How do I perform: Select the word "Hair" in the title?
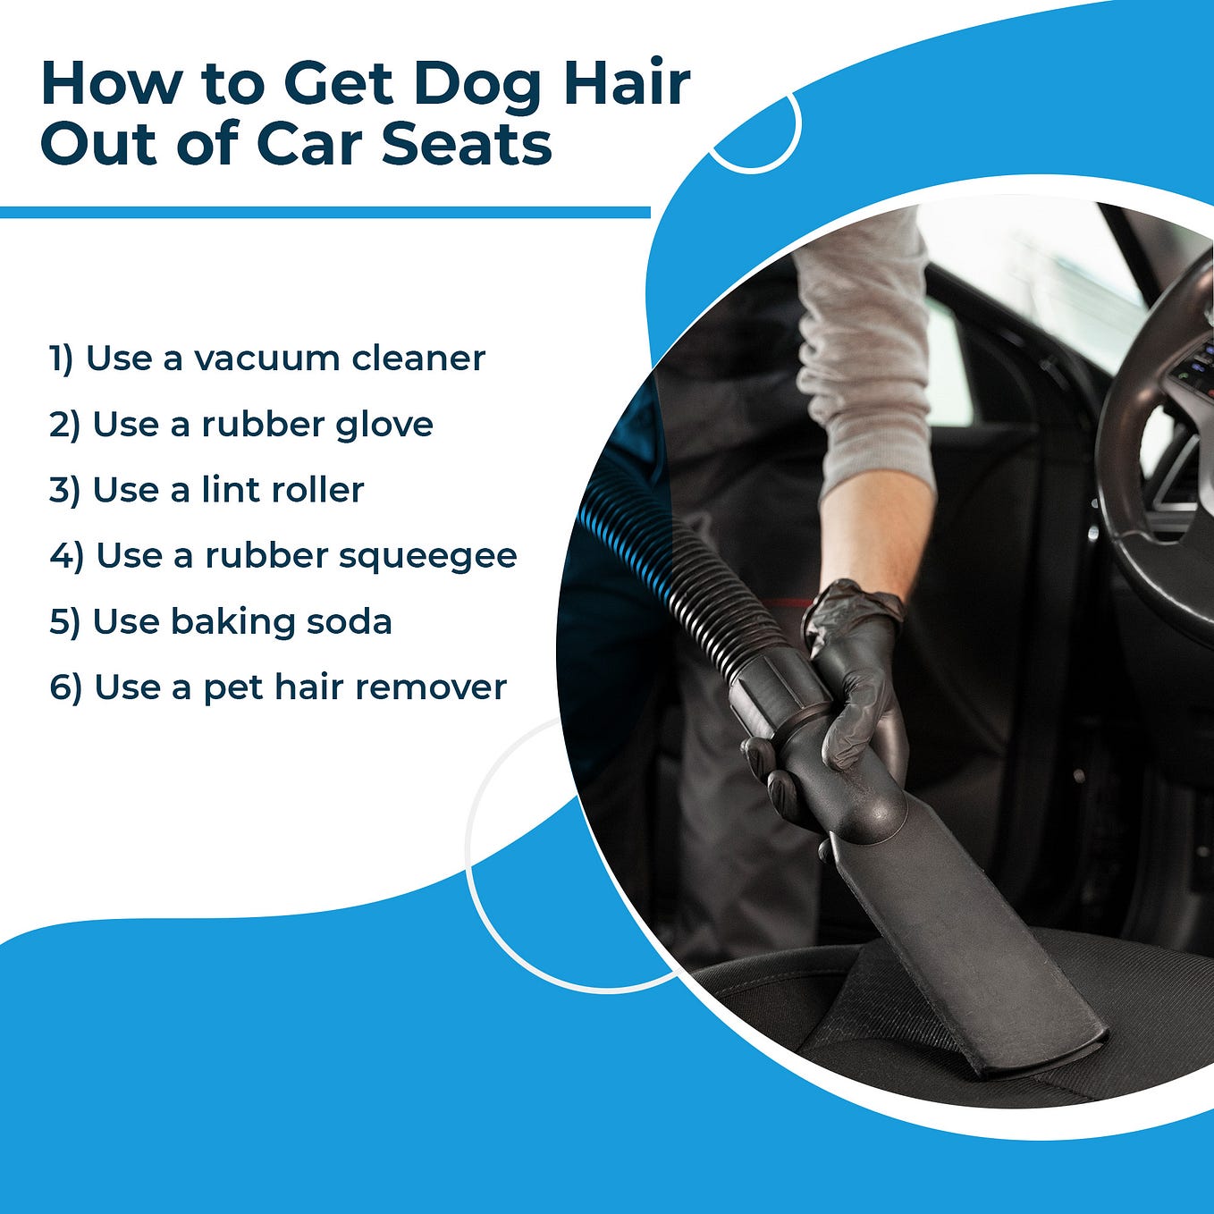click(x=628, y=83)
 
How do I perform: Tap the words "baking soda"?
click(x=281, y=622)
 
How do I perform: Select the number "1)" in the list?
click(x=61, y=359)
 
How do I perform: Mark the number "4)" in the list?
click(x=67, y=556)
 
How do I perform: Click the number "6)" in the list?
click(x=65, y=688)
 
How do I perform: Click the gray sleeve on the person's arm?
click(x=863, y=353)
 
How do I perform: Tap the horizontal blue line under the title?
click(x=325, y=212)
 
